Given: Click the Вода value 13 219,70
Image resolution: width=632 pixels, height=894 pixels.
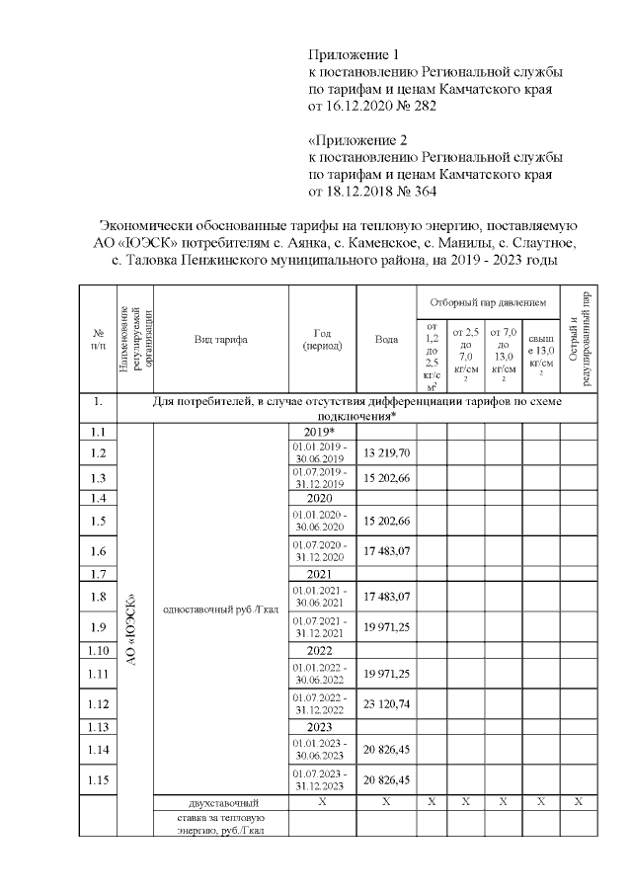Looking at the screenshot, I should [387, 452].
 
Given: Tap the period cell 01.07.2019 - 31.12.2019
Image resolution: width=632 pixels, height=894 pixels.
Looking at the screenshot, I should [318, 478].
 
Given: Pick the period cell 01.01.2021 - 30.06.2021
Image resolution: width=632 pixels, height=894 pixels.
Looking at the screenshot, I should [318, 597].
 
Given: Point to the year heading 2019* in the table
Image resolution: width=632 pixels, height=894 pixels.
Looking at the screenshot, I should [318, 433].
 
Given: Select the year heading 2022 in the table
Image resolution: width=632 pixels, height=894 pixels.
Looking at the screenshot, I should [318, 652].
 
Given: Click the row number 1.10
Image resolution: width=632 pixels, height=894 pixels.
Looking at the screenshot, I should [97, 652].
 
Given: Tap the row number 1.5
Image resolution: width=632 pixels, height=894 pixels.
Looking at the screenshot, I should [97, 521].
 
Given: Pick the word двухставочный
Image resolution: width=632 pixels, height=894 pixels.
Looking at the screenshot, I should [220, 802].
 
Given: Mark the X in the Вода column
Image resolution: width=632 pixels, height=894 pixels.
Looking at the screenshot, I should [387, 802].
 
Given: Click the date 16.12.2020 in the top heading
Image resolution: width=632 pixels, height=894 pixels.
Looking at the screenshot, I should [356, 106].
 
